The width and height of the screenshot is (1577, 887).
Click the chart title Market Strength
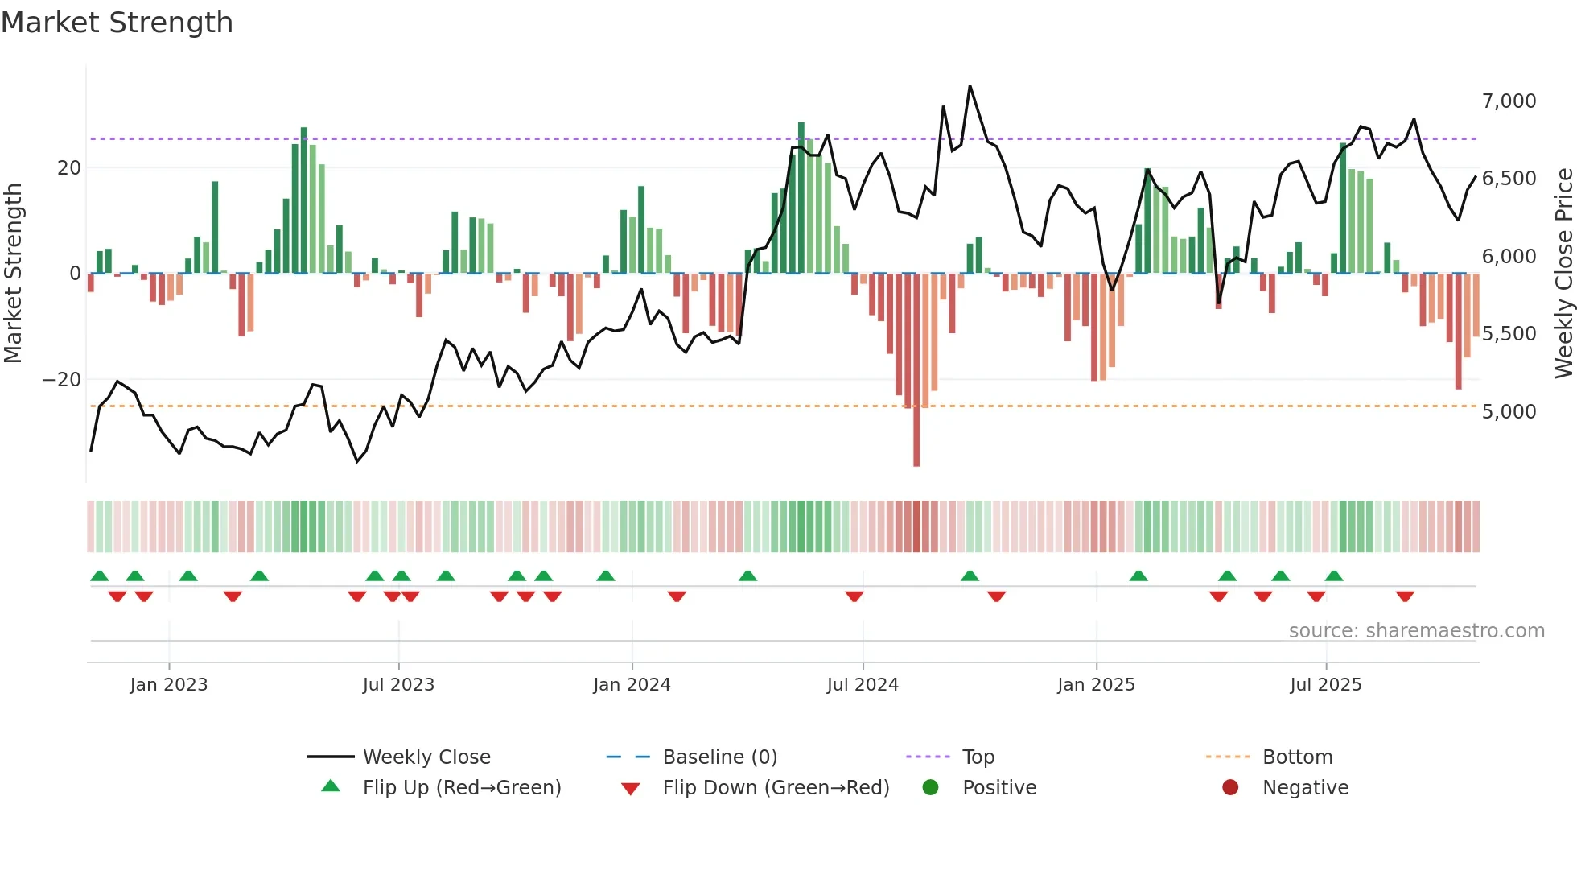point(117,23)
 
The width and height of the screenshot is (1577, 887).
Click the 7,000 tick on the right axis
point(1509,101)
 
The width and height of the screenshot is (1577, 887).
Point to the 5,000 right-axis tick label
point(1509,412)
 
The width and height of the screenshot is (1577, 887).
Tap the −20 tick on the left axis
point(62,380)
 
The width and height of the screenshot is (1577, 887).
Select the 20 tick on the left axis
point(69,168)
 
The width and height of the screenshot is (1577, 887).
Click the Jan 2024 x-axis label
point(632,685)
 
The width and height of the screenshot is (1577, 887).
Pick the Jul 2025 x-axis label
point(1325,685)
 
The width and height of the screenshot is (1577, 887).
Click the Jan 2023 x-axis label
point(169,685)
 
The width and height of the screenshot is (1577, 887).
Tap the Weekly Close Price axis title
point(1563,274)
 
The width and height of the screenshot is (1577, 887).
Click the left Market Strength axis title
point(13,274)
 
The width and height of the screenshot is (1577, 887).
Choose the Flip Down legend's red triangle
point(631,789)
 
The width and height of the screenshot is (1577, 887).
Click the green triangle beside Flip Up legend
point(331,786)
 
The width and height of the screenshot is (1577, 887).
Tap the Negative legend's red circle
point(1230,788)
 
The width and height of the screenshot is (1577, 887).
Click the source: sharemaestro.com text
point(1416,631)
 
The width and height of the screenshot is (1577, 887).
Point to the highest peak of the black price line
point(970,86)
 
